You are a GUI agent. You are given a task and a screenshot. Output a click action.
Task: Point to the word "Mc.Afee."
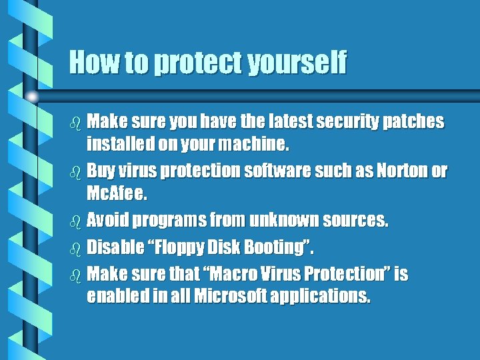(x=117, y=194)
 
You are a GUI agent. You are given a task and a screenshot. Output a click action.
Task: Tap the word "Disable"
(x=115, y=247)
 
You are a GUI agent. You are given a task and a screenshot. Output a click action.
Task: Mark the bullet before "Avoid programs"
(x=75, y=221)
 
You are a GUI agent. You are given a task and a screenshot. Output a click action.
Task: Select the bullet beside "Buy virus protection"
(x=75, y=171)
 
